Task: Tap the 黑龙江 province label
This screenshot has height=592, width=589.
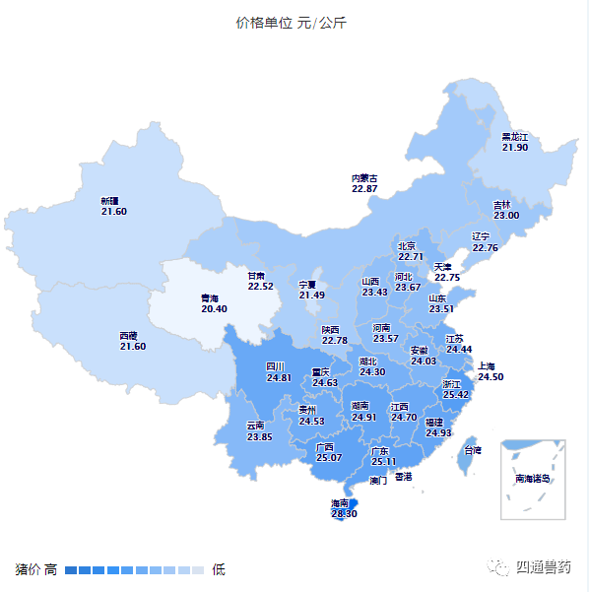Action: pyautogui.click(x=515, y=136)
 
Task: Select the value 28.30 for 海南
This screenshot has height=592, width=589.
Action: pyautogui.click(x=344, y=513)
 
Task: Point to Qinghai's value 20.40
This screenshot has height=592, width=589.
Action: pyautogui.click(x=214, y=308)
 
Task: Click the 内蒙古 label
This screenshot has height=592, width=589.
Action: pyautogui.click(x=364, y=178)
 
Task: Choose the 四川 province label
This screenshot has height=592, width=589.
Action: pyautogui.click(x=278, y=366)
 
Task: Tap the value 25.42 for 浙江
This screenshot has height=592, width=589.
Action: pyautogui.click(x=456, y=395)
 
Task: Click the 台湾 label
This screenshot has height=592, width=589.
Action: pyautogui.click(x=473, y=450)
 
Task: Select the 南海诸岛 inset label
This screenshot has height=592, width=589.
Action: pyautogui.click(x=533, y=479)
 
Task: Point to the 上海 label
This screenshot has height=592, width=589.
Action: pyautogui.click(x=491, y=365)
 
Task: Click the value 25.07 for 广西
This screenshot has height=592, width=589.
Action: pyautogui.click(x=328, y=458)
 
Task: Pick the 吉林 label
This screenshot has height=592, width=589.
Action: pyautogui.click(x=502, y=205)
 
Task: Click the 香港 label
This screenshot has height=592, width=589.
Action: pyautogui.click(x=403, y=476)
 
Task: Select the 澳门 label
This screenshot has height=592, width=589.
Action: pyautogui.click(x=378, y=482)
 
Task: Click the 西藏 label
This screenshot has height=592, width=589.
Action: pyautogui.click(x=129, y=336)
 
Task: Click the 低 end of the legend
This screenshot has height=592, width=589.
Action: pyautogui.click(x=219, y=569)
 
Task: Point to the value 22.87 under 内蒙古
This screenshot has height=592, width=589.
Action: pyautogui.click(x=364, y=188)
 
